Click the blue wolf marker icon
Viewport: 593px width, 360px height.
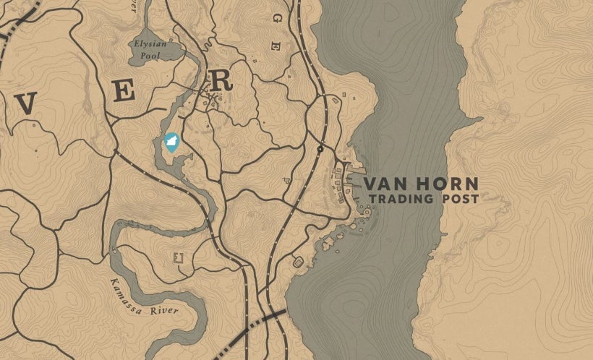pyautogui.click(x=171, y=142)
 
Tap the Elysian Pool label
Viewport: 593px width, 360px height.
pyautogui.click(x=150, y=49)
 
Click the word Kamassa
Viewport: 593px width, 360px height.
pyautogui.click(x=129, y=293)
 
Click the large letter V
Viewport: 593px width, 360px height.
pyautogui.click(x=26, y=105)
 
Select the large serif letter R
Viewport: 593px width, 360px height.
pyautogui.click(x=220, y=80)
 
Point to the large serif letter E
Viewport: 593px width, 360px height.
pyautogui.click(x=124, y=92)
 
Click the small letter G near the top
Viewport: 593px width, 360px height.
pyautogui.click(x=275, y=44)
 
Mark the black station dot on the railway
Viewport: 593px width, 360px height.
pyautogui.click(x=320, y=149)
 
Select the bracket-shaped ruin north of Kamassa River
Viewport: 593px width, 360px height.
pyautogui.click(x=178, y=257)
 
